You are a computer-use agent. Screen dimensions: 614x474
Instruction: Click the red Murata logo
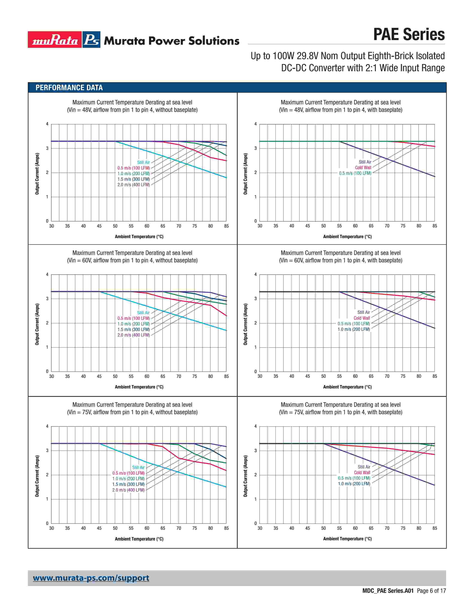[x=55, y=40]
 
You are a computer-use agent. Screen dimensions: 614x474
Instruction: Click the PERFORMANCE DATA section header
[x=69, y=88]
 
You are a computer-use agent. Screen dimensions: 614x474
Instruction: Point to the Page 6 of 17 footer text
[x=431, y=591]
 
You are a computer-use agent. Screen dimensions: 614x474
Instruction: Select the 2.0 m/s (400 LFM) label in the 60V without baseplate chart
[x=133, y=335]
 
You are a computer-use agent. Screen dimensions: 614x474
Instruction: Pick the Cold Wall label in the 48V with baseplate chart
[x=363, y=168]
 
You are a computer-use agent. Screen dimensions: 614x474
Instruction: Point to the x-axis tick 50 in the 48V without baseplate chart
[x=115, y=226]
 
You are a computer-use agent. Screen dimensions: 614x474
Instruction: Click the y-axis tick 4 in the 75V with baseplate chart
[x=256, y=426]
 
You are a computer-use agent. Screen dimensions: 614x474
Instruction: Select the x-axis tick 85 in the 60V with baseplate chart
[x=435, y=376]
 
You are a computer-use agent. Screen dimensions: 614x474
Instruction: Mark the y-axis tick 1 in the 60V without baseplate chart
[x=47, y=347]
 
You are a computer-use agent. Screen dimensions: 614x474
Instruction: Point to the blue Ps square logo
[x=91, y=40]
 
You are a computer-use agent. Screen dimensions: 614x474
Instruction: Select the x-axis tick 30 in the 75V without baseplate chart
[x=52, y=528]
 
